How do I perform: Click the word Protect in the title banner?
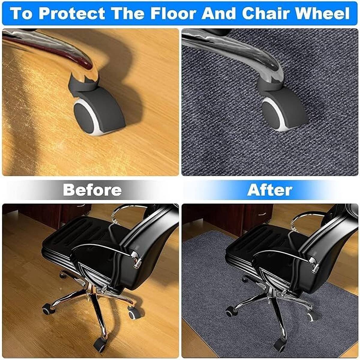click(72, 13)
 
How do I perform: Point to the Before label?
click(92, 190)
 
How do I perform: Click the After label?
click(270, 190)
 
